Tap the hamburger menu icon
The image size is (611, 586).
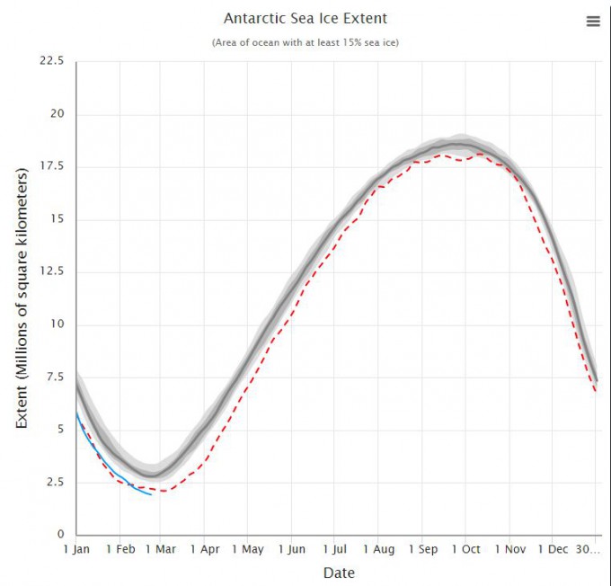click(x=593, y=22)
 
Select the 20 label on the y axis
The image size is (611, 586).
click(x=57, y=114)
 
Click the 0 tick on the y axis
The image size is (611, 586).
click(x=60, y=534)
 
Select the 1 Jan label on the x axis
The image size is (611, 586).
click(x=76, y=548)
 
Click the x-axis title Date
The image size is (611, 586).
click(x=338, y=573)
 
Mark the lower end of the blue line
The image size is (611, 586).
click(x=151, y=494)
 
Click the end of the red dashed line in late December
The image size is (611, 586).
click(x=595, y=391)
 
